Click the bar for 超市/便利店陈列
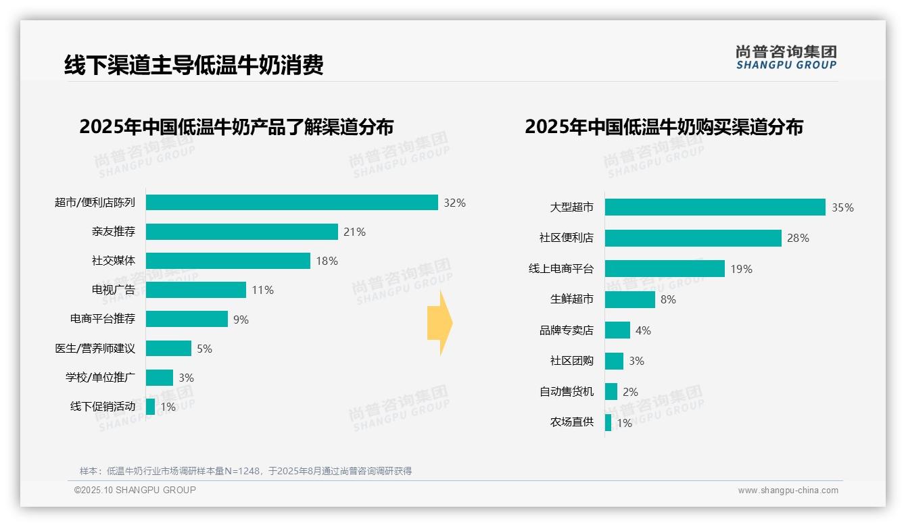(291, 203)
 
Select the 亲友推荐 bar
(241, 232)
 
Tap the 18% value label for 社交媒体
(327, 261)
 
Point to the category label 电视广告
(113, 290)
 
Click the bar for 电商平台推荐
(187, 319)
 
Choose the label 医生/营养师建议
(95, 349)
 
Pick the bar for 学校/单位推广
(159, 378)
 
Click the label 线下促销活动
(102, 407)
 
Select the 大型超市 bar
(715, 207)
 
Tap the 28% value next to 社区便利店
(798, 238)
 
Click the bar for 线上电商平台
(665, 269)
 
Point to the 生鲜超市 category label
(571, 299)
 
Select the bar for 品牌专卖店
(617, 330)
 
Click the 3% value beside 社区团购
(636, 361)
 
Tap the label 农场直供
(571, 422)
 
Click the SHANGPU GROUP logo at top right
(786, 57)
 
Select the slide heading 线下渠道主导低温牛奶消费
(193, 65)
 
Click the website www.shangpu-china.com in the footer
(788, 491)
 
